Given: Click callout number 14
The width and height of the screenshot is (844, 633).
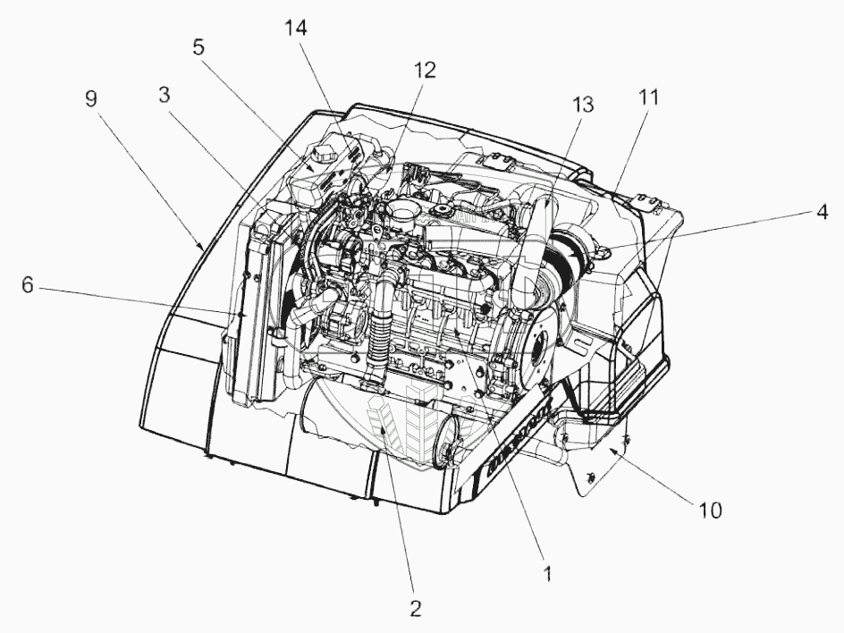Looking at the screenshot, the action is pos(296,29).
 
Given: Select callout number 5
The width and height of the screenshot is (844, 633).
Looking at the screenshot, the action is pos(198,46).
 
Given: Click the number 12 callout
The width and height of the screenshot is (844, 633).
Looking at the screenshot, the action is pos(425,71).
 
